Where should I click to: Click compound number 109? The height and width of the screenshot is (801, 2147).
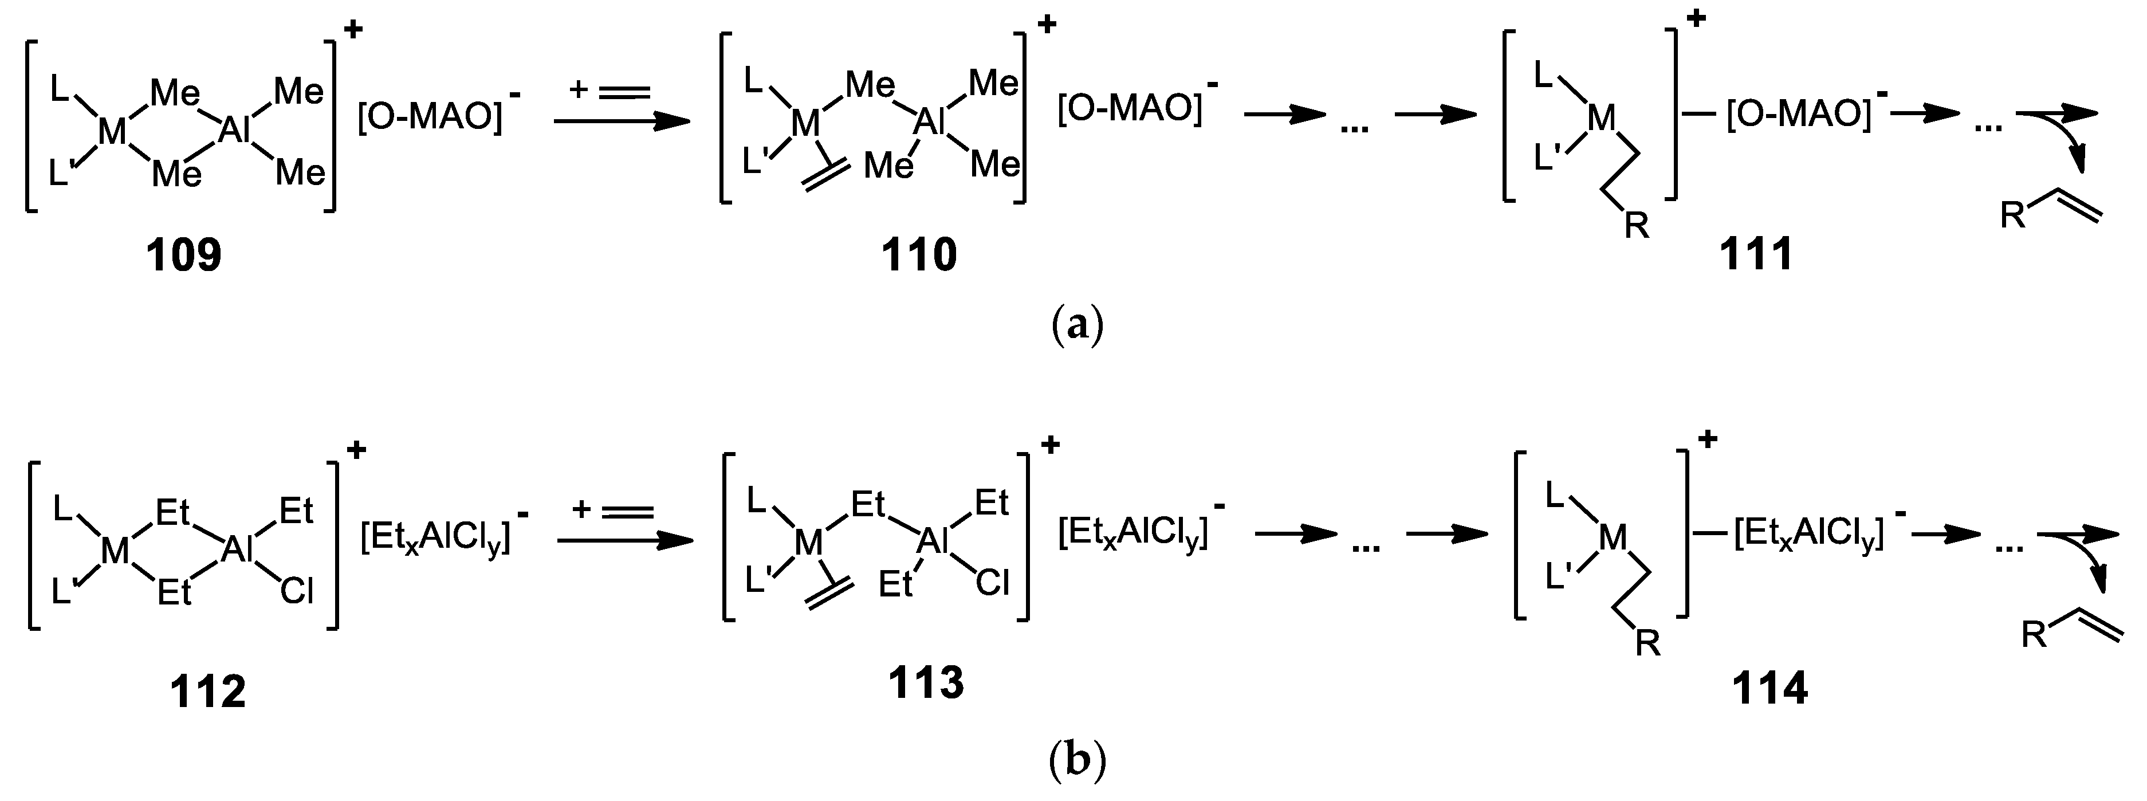click(184, 254)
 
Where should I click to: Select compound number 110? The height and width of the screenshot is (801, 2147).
click(919, 254)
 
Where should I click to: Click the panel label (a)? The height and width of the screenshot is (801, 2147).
click(1078, 325)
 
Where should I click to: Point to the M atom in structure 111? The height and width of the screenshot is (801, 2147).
click(1601, 119)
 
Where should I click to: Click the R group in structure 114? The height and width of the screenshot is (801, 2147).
click(1647, 643)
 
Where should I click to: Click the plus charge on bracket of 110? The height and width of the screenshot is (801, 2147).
click(1046, 24)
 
